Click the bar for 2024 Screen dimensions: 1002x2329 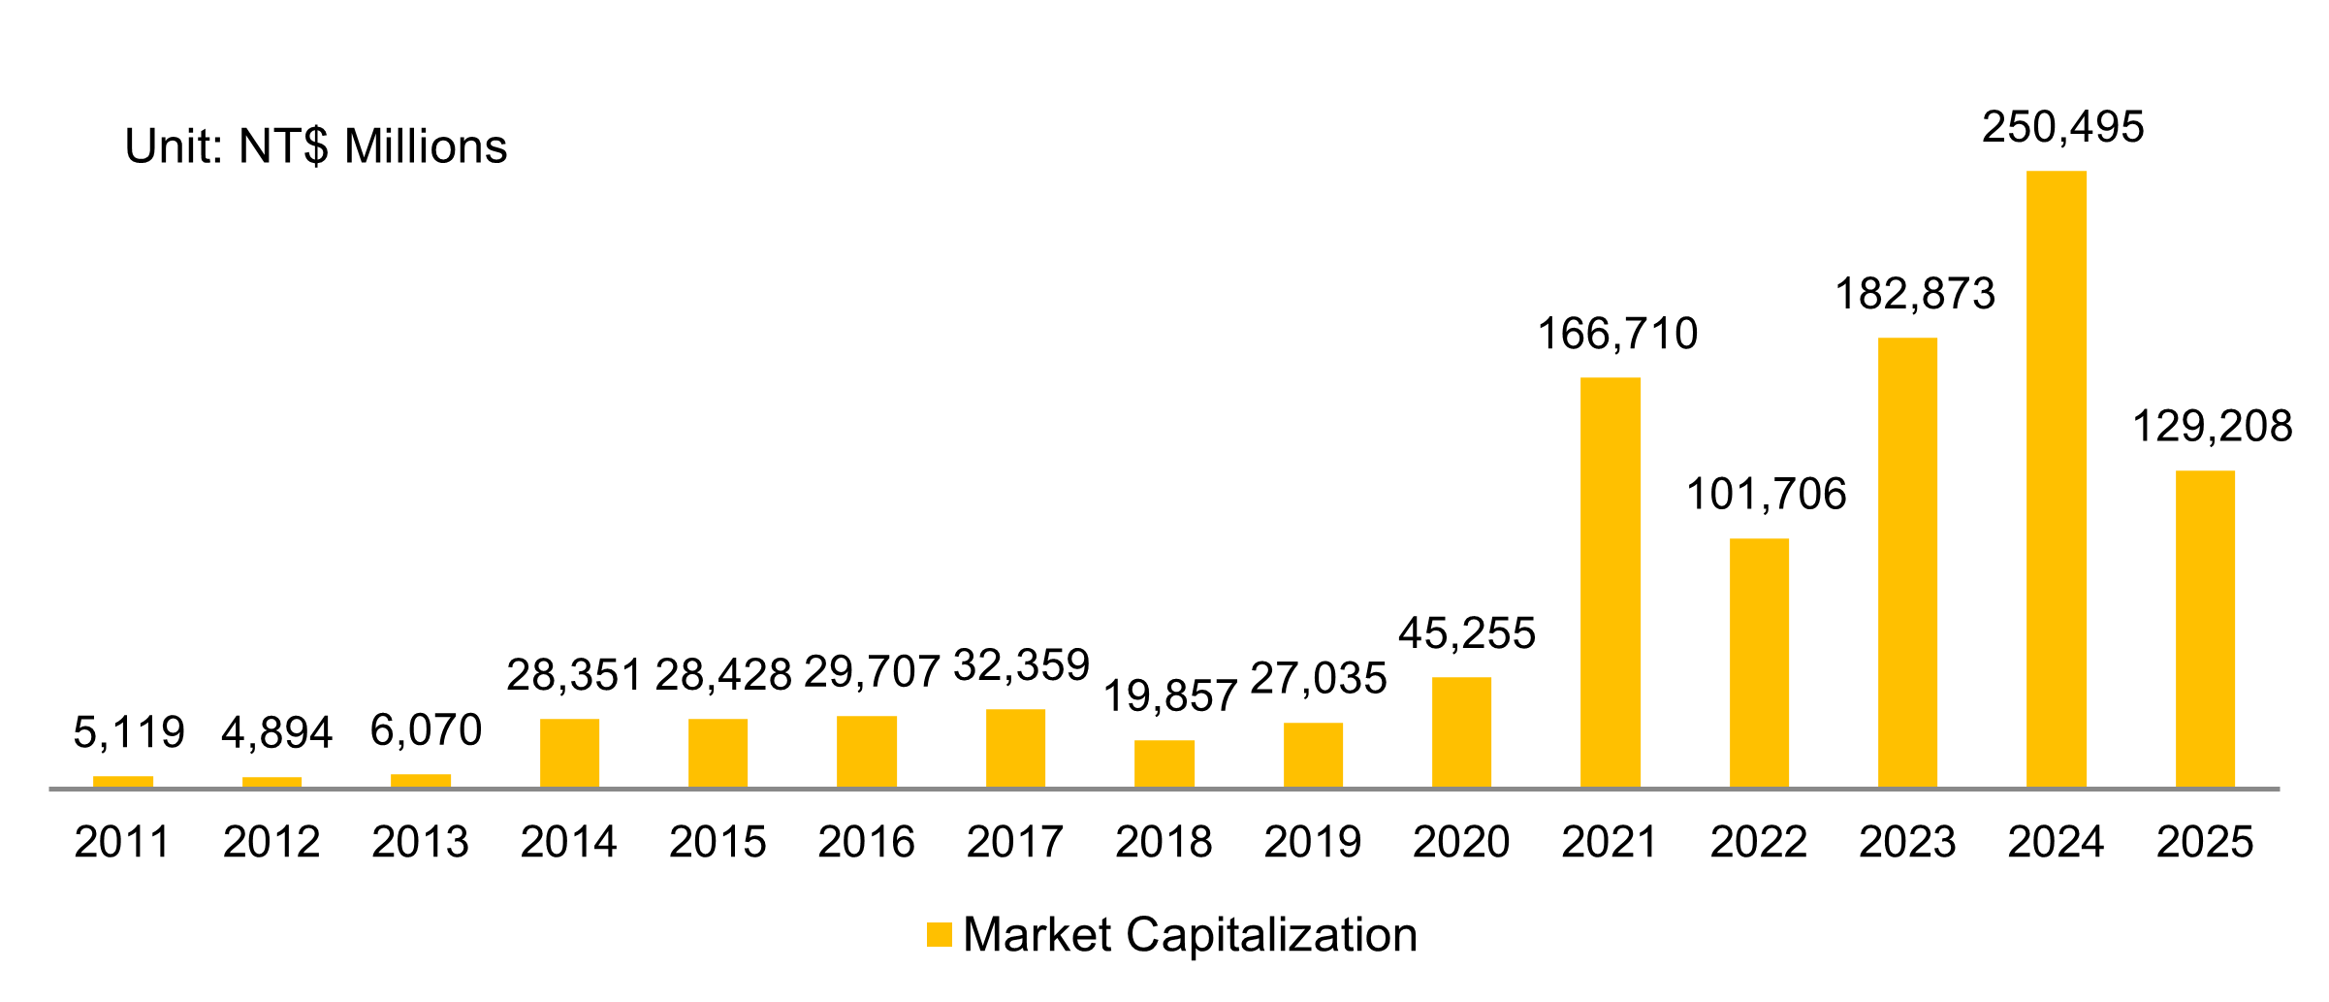[x=2056, y=479]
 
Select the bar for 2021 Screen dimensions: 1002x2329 [x=1610, y=582]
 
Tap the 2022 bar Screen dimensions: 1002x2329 [x=1759, y=663]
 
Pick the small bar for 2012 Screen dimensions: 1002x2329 [x=271, y=782]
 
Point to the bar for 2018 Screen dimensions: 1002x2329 [x=1164, y=763]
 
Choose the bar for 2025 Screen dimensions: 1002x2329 [x=2205, y=629]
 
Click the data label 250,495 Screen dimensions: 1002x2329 [x=2062, y=128]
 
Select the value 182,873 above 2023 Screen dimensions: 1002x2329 [x=1915, y=294]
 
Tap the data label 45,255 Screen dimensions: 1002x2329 [x=1467, y=633]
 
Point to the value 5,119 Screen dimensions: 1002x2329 [x=129, y=732]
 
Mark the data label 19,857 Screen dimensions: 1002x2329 [x=1170, y=696]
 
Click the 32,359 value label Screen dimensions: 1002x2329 [x=1021, y=665]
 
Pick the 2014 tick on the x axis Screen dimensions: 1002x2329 [x=569, y=842]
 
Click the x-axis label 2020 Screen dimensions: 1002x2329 [x=1461, y=842]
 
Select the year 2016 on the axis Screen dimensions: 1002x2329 [x=866, y=842]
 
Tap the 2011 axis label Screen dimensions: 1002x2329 [x=122, y=842]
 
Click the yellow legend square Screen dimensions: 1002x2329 [x=939, y=934]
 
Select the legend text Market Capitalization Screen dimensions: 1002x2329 [x=1190, y=935]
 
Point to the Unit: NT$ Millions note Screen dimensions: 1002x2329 [x=316, y=146]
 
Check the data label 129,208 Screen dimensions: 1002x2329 [x=2212, y=427]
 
